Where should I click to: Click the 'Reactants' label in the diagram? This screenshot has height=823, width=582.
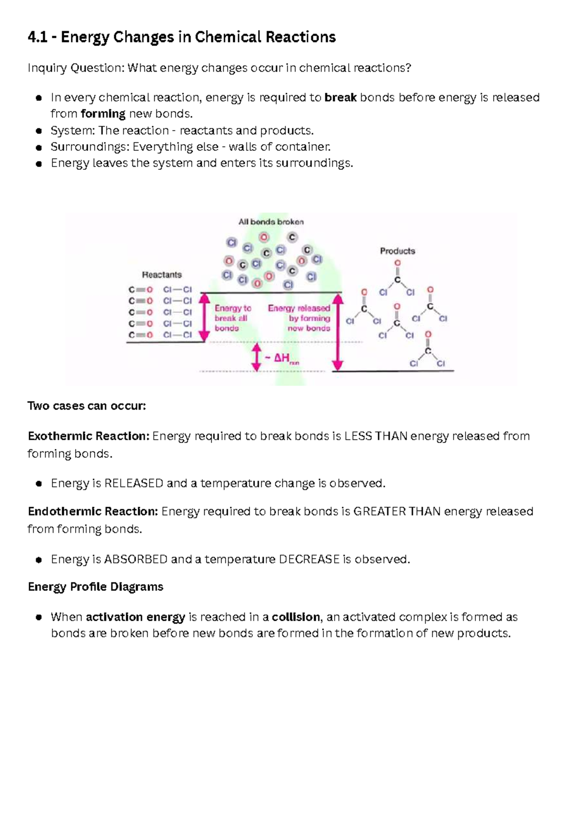162,275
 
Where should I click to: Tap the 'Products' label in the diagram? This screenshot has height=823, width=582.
397,251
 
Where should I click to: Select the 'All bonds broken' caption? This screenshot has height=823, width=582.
271,222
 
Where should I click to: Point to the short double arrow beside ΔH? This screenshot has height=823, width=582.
257,358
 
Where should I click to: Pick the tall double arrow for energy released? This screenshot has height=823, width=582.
338,332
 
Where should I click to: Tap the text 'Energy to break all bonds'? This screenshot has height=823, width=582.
232,318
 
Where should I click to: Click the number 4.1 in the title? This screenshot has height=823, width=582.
37,37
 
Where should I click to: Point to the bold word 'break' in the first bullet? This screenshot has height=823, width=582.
340,98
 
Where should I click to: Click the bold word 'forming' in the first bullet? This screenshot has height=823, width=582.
103,114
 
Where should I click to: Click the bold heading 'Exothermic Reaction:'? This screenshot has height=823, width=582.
88,436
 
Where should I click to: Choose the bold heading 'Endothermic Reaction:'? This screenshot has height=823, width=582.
93,511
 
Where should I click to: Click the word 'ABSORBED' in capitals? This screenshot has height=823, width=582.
136,560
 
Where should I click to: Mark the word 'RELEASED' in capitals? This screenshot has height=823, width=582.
134,483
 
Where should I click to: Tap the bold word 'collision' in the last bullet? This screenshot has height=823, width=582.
295,617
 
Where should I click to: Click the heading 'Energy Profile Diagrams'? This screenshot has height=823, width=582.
96,587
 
